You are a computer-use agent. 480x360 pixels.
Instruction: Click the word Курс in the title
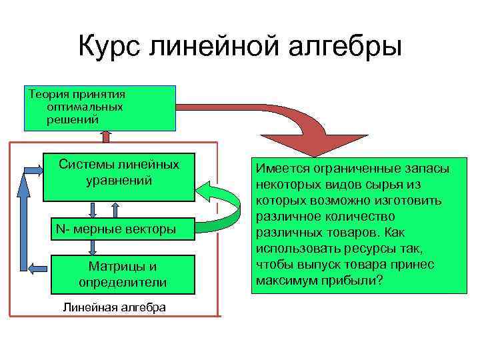tap(109, 47)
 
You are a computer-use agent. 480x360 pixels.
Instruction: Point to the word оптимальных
tap(85, 107)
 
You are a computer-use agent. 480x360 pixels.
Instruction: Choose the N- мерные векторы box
tap(116, 229)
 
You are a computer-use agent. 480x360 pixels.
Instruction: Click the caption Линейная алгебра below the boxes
tap(114, 307)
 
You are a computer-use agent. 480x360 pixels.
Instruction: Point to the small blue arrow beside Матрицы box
tap(38, 267)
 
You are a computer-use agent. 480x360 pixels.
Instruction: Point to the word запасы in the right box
tap(427, 169)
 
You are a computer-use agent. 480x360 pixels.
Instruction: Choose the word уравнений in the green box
tap(119, 181)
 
